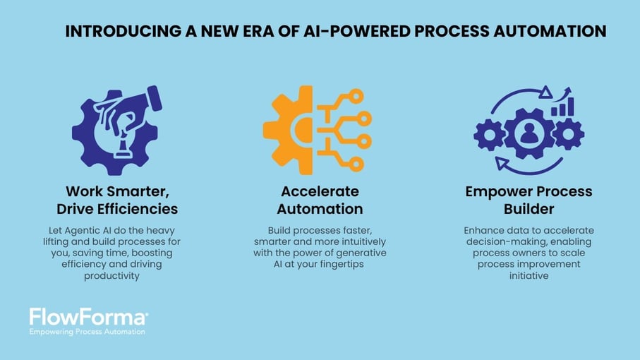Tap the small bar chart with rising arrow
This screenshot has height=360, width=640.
click(564, 103)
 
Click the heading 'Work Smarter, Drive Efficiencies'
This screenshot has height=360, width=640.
click(117, 200)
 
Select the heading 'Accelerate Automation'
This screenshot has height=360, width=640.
click(320, 200)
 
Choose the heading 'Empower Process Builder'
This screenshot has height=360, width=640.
click(529, 200)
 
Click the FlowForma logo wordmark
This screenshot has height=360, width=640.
click(88, 316)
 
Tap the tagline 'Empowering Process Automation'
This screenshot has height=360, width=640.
click(87, 331)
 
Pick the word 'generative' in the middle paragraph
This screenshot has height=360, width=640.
click(360, 252)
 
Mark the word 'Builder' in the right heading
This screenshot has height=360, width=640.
click(529, 209)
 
